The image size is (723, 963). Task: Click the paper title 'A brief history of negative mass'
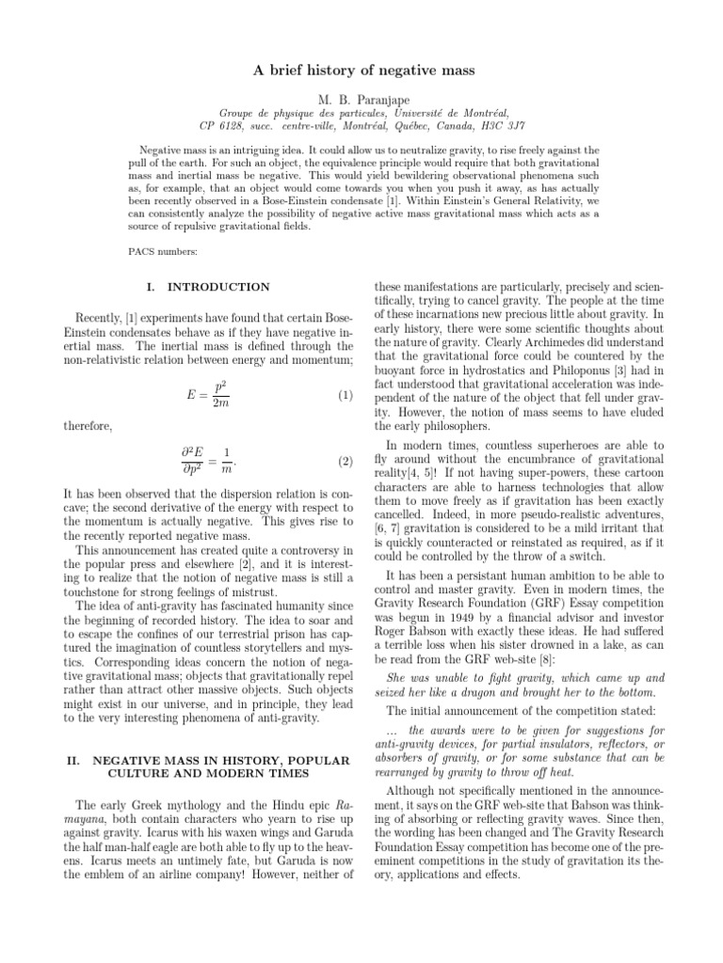(361, 70)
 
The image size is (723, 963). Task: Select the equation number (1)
(345, 397)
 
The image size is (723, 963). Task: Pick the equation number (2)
(345, 462)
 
